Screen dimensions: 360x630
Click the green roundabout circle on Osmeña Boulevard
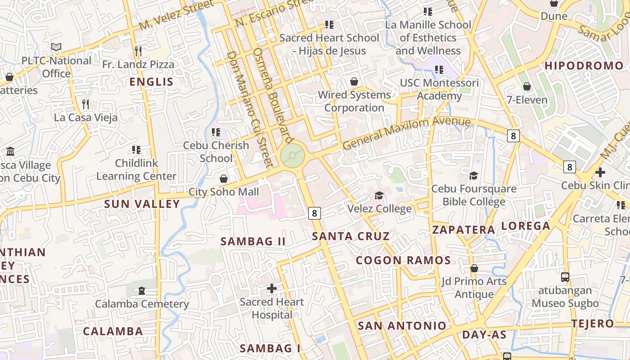click(292, 156)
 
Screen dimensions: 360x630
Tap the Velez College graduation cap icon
click(379, 195)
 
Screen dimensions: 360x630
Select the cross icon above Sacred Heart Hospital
click(272, 288)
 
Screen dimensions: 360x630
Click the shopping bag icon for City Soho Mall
click(223, 179)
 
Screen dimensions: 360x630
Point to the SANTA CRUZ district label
click(351, 236)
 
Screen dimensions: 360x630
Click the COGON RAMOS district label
click(403, 260)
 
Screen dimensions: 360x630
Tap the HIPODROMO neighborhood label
click(584, 66)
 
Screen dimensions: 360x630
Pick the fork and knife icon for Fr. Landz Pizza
click(138, 51)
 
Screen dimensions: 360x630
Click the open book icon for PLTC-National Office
click(56, 47)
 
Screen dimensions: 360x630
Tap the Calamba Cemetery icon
click(142, 291)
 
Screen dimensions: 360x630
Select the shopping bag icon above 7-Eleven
click(526, 86)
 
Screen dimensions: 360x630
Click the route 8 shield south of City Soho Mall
click(315, 213)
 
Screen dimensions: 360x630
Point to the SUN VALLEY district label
click(142, 204)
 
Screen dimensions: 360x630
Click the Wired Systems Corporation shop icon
click(354, 81)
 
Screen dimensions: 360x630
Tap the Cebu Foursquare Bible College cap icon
click(473, 175)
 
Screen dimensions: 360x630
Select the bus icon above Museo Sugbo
click(565, 277)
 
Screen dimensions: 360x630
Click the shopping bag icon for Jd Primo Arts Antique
click(474, 268)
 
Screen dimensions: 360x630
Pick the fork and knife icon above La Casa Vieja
click(85, 104)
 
